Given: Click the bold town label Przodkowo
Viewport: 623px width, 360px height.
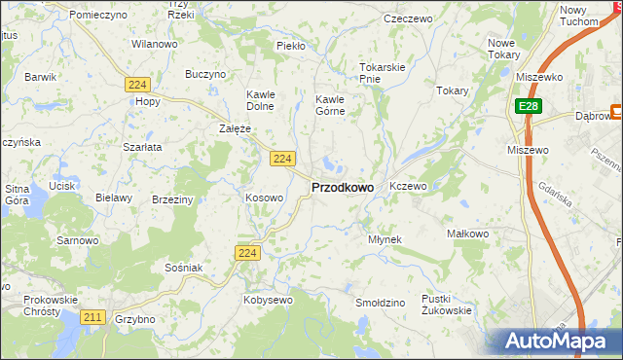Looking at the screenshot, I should point(342,187).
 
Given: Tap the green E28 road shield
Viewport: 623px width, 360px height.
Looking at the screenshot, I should point(527,106).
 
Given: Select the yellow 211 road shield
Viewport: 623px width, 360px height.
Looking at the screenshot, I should point(93,317).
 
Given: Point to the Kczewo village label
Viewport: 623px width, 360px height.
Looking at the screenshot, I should point(408,186).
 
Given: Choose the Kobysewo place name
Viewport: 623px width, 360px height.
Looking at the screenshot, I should point(268,301).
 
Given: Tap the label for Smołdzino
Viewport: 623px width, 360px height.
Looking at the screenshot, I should point(380,304).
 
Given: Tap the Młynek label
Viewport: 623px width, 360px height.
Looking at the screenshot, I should point(385,239).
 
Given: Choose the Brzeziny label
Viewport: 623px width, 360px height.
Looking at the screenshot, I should point(172,198).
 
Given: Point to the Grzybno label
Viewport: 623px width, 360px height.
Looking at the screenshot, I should point(134,319).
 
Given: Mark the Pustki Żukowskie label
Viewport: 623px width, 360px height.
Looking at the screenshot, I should point(447,305).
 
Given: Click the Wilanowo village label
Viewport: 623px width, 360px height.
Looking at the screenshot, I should point(155,45).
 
